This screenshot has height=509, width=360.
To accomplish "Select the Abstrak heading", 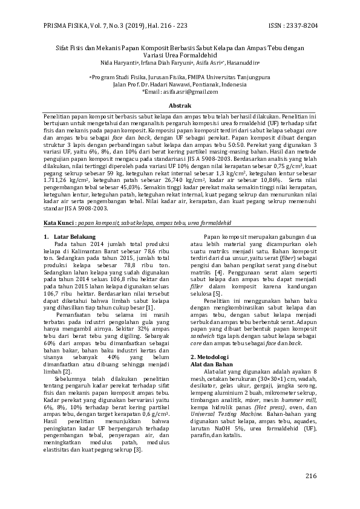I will click(180, 105).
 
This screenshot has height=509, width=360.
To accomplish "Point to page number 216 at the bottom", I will click(311, 476).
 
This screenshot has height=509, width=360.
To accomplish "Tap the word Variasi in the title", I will click(162, 54).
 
